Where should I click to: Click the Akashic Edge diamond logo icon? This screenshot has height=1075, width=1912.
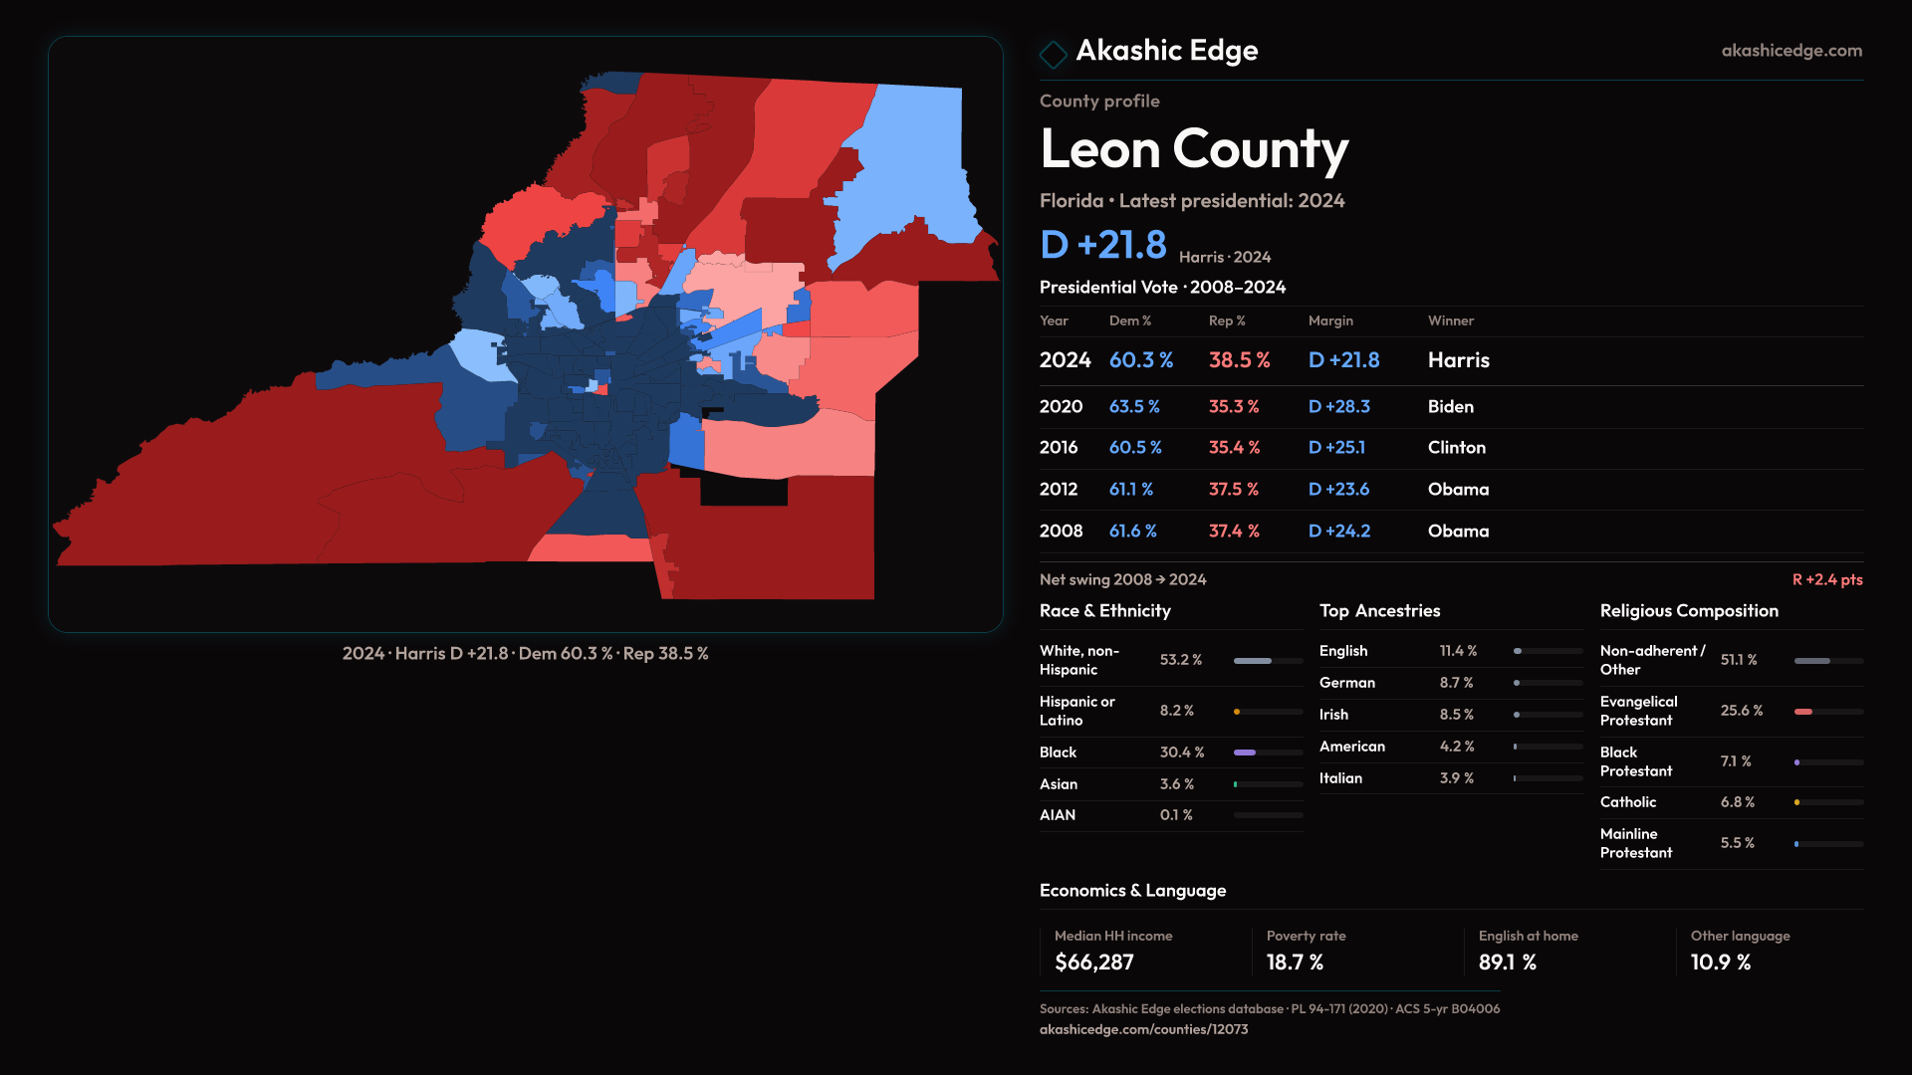[x=1053, y=54]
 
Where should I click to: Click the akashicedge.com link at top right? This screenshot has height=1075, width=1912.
[x=1792, y=50]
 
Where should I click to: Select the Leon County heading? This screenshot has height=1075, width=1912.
[x=1193, y=149]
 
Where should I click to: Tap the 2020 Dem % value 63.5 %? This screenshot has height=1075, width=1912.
[x=1134, y=406]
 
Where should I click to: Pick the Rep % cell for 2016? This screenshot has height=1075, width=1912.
[x=1234, y=448]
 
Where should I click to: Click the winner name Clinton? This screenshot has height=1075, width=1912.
[x=1456, y=448]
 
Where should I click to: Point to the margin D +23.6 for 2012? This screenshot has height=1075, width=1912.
[x=1338, y=490]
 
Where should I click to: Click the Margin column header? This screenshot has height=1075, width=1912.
[x=1330, y=321]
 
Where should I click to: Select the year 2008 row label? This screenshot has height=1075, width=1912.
[x=1061, y=532]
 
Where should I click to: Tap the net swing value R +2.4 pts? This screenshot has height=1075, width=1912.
[x=1826, y=579]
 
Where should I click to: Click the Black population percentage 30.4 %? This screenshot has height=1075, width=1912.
[x=1181, y=752]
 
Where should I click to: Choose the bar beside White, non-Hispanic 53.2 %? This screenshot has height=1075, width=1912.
[x=1253, y=661]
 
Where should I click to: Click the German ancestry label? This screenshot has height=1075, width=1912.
[x=1346, y=683]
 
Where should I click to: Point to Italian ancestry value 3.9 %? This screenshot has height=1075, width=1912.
[x=1456, y=778]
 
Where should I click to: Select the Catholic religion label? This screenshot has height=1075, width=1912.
[x=1627, y=802]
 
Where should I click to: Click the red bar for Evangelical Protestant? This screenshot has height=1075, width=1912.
[x=1803, y=712]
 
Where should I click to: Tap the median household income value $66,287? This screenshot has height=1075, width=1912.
[x=1093, y=963]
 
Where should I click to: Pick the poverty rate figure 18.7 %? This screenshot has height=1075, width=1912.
[x=1295, y=963]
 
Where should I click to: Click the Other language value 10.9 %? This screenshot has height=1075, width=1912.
[x=1720, y=963]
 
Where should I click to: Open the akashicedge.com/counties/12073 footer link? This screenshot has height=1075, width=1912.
[x=1143, y=1029]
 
